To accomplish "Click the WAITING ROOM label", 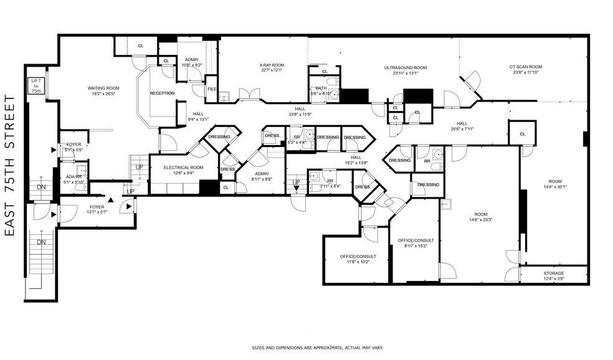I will coord(103,88).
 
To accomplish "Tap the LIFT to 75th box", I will coord(36,86).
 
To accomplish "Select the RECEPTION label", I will coord(162,93).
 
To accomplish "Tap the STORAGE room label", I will coord(553,273).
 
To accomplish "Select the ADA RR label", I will coord(74,177).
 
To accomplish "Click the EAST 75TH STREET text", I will coord(9,166).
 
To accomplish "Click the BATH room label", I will coord(321,88).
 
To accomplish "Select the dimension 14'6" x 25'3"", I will coord(480,219).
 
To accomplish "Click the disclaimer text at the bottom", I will coord(317,348).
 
